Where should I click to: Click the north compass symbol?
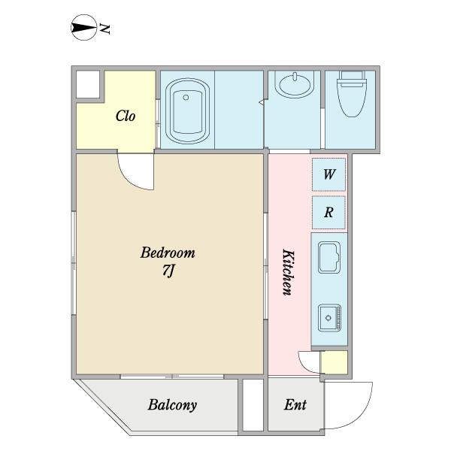pyautogui.click(x=83, y=28)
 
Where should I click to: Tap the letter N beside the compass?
pyautogui.click(x=104, y=29)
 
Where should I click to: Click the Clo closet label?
pyautogui.click(x=126, y=116)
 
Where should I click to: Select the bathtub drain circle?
pyautogui.click(x=186, y=98)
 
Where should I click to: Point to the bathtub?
pyautogui.click(x=187, y=111)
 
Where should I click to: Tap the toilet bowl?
pyautogui.click(x=353, y=94)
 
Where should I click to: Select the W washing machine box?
pyautogui.click(x=328, y=174)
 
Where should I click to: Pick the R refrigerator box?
pyautogui.click(x=328, y=212)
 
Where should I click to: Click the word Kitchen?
pyautogui.click(x=289, y=272)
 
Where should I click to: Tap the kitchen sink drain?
pyautogui.click(x=328, y=318)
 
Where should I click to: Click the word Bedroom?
pyautogui.click(x=168, y=253)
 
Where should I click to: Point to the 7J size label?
pyautogui.click(x=169, y=271)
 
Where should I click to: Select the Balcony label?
pyautogui.click(x=172, y=405)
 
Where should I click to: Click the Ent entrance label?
pyautogui.click(x=295, y=404)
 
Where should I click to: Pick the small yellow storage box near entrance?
pyautogui.click(x=334, y=362)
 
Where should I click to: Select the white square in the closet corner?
pyautogui.click(x=88, y=84)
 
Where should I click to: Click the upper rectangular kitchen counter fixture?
pyautogui.click(x=329, y=257)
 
